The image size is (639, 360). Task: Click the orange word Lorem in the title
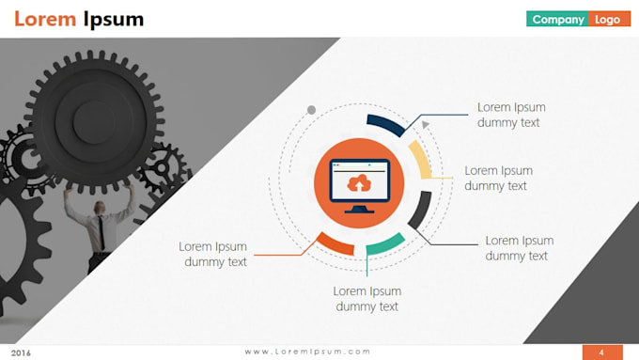[x=45, y=19]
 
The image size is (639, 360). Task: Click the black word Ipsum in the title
[x=114, y=19]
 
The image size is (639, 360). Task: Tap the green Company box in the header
[x=557, y=19]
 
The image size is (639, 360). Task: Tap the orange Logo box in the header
[x=608, y=19]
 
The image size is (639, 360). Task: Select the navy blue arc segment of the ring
[x=385, y=123]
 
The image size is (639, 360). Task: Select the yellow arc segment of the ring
[x=421, y=161]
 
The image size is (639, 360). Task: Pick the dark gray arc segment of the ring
[x=420, y=209]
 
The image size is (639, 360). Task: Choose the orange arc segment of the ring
[x=335, y=243]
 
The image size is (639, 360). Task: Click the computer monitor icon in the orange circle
[x=359, y=183]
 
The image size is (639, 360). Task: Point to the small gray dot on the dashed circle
[x=311, y=109]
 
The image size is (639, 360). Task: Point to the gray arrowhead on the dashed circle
[x=425, y=124]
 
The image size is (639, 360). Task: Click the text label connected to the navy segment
[x=511, y=115]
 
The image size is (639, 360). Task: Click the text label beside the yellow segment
[x=498, y=178]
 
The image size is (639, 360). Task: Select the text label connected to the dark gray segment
[x=519, y=248]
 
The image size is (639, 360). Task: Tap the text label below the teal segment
[x=367, y=299]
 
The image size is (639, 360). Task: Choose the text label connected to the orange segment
[x=213, y=254]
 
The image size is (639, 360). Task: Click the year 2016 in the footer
[x=21, y=352]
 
